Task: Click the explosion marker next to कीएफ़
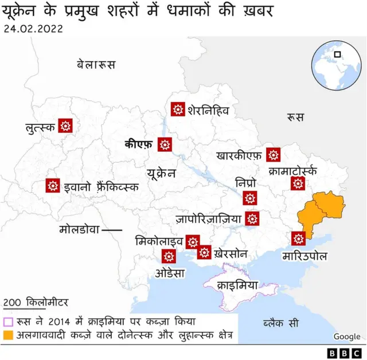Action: (166, 145)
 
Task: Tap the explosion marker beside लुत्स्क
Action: (65, 126)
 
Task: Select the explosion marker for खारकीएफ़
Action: (274, 154)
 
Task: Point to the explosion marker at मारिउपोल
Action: (298, 238)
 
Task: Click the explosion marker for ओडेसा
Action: (169, 256)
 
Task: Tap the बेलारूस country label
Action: (96, 64)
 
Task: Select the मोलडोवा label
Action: (79, 230)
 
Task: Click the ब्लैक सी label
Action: (281, 323)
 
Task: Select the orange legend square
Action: (8, 334)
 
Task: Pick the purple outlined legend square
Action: (8, 322)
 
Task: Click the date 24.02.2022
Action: (33, 28)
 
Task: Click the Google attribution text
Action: (347, 336)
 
